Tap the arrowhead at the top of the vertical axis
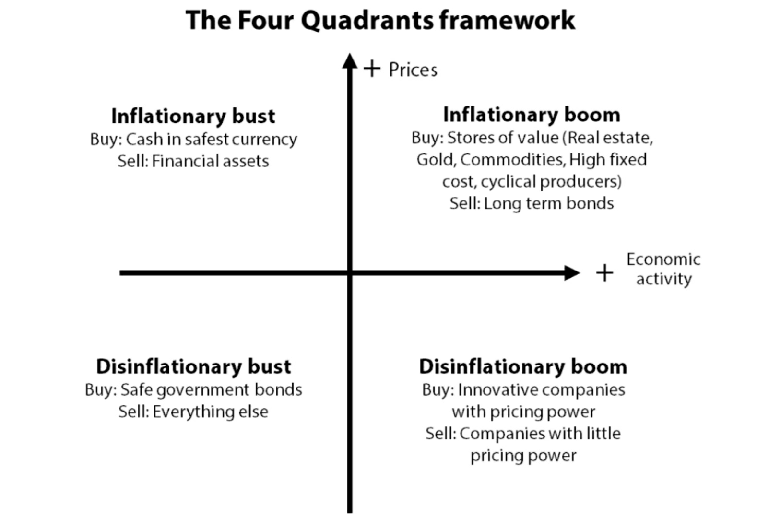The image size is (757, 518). click(350, 61)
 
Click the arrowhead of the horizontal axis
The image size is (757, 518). click(572, 273)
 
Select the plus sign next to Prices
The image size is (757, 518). click(372, 69)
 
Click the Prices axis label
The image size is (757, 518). click(413, 70)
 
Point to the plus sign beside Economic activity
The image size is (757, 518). click(604, 273)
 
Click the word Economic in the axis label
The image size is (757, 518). click(663, 259)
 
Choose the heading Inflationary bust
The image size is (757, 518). click(193, 116)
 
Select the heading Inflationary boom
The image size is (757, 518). click(532, 115)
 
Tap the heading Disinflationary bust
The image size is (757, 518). click(194, 366)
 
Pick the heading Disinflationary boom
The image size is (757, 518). click(523, 366)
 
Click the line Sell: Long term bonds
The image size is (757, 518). click(532, 203)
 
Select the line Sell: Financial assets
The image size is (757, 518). click(193, 161)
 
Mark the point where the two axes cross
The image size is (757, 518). click(350, 273)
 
